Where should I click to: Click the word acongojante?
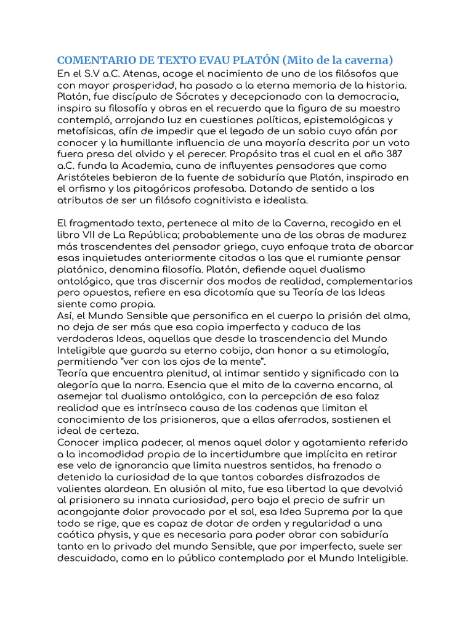94,512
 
